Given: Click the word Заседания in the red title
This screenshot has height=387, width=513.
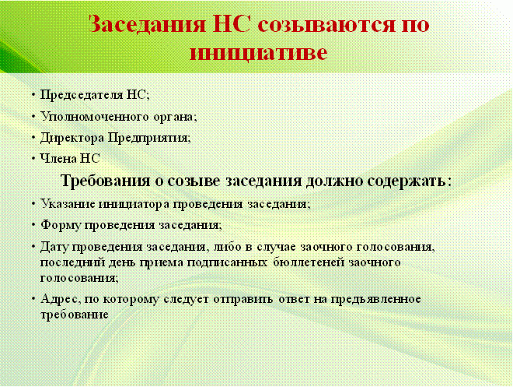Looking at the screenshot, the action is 147,24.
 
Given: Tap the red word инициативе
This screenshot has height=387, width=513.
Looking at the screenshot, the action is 259,52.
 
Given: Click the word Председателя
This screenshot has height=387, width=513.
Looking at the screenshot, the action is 81,95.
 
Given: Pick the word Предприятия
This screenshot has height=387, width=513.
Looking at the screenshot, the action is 149,138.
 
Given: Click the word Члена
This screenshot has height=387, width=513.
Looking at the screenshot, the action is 58,159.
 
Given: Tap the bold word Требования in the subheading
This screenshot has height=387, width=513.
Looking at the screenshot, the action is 106,181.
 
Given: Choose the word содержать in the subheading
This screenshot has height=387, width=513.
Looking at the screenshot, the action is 409,181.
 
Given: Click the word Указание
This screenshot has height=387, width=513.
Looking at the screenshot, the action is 68,204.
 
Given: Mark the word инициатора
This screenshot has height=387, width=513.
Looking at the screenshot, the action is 134,205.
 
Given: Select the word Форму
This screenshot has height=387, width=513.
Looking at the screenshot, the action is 61,226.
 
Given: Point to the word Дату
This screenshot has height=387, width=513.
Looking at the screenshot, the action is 54,247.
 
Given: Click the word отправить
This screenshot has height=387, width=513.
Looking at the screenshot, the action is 243,300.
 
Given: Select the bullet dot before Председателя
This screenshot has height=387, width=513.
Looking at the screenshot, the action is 33,95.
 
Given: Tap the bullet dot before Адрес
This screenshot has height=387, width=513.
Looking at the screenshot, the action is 33,299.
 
